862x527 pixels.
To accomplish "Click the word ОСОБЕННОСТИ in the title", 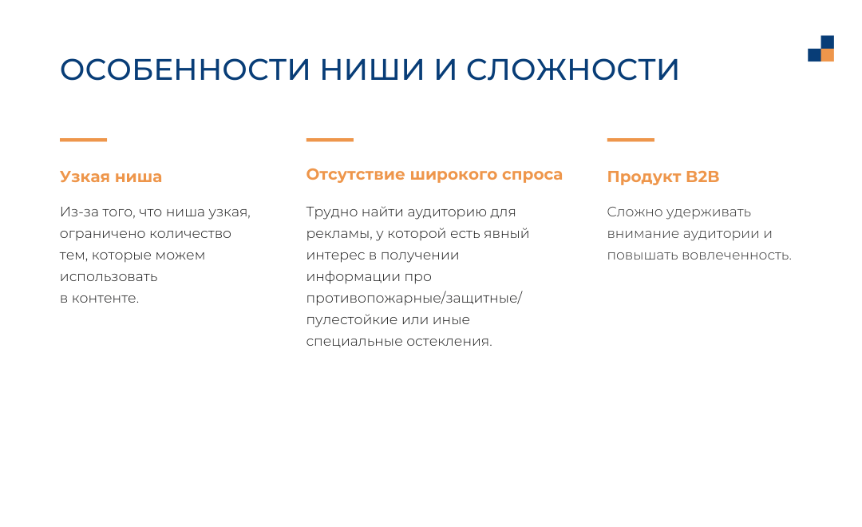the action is click(x=184, y=69).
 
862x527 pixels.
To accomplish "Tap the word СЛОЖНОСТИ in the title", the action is click(x=572, y=69).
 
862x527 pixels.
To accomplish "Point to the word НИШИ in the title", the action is click(x=372, y=69).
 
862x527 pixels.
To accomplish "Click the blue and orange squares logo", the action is click(x=820, y=49).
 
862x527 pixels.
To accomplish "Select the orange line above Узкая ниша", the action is click(x=83, y=140).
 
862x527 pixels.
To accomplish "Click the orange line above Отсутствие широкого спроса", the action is click(x=330, y=140).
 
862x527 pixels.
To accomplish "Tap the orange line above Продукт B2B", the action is click(x=631, y=140).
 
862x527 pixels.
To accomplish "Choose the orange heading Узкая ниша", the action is click(x=111, y=177).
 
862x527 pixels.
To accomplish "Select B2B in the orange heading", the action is click(x=702, y=176).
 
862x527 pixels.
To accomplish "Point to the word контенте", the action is click(x=105, y=298).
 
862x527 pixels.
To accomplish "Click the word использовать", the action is click(x=109, y=277).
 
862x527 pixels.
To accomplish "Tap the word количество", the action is click(x=190, y=234).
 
